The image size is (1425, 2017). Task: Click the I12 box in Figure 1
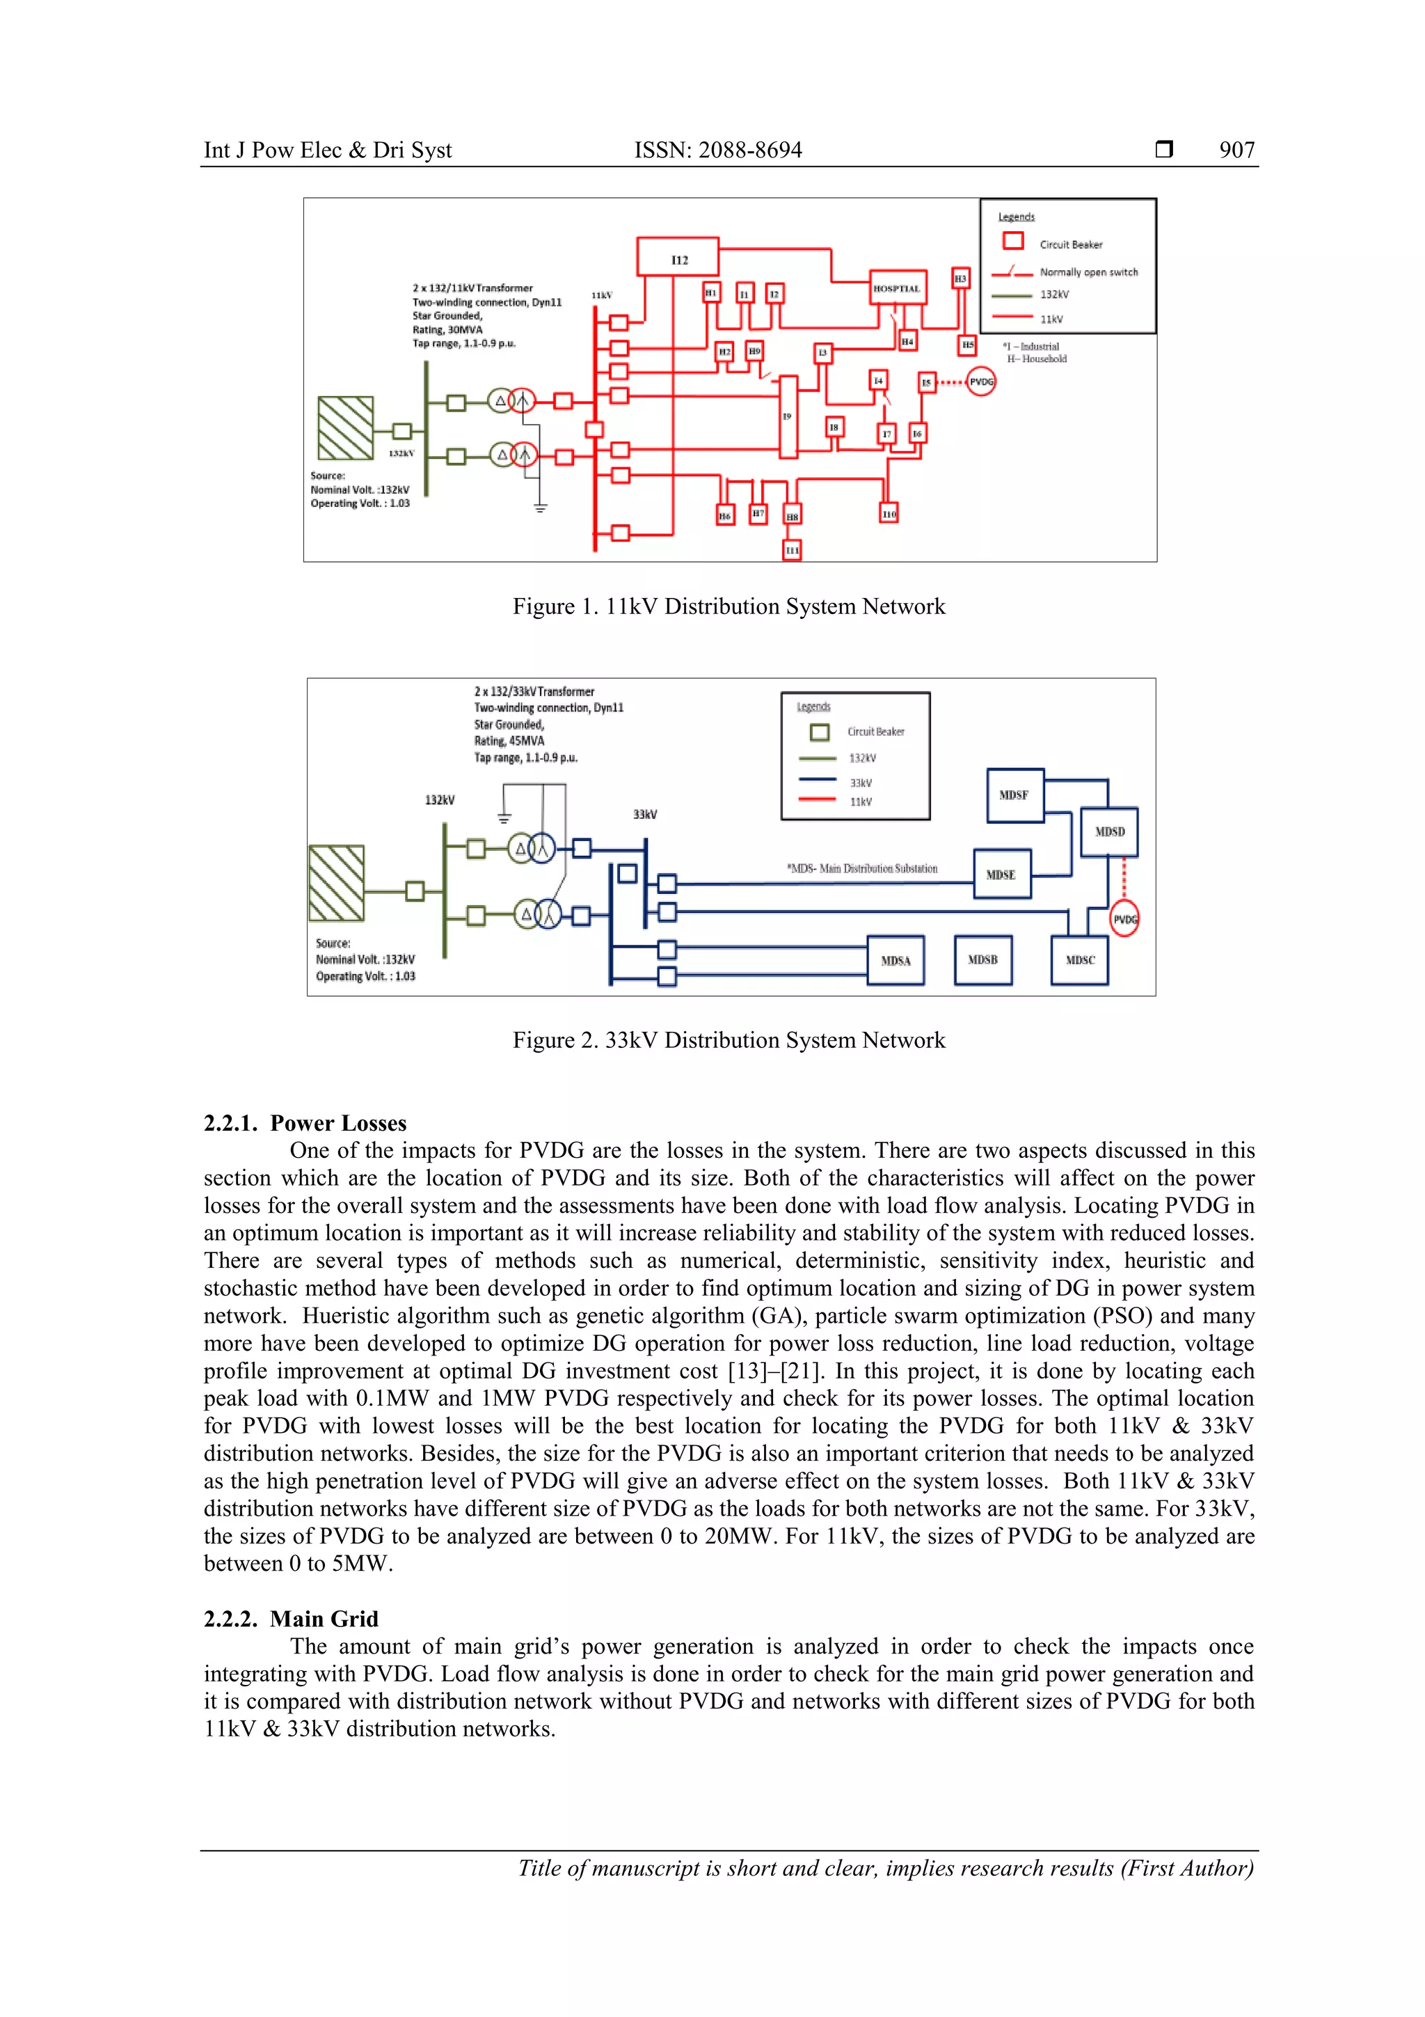click(x=677, y=256)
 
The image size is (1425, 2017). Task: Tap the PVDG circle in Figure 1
click(x=980, y=382)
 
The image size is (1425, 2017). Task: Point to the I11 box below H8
click(x=792, y=550)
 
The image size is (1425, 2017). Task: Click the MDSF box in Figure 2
click(x=1014, y=795)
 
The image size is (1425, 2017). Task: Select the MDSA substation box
click(x=895, y=960)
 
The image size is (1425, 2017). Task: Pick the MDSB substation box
click(x=982, y=959)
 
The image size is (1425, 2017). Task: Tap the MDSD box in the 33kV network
click(x=1109, y=831)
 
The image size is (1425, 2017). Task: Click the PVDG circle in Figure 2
click(x=1124, y=919)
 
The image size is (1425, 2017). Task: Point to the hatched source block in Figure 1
click(x=345, y=427)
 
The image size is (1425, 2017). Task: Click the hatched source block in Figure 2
click(x=336, y=883)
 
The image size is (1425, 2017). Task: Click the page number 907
click(x=1236, y=150)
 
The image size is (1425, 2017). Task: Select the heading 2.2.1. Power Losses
click(x=305, y=1123)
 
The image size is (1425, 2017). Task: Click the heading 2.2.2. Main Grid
click(x=291, y=1618)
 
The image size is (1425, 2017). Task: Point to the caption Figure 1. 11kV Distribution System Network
click(x=729, y=606)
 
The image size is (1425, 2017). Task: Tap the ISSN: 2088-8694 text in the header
click(x=717, y=150)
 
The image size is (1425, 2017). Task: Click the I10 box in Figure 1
click(x=889, y=513)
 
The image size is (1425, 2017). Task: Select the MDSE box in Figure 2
click(x=1001, y=874)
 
